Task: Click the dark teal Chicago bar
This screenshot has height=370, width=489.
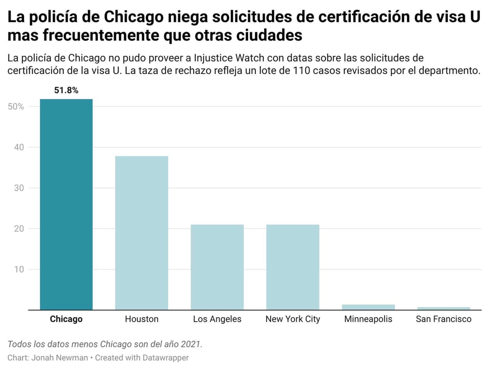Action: click(x=66, y=204)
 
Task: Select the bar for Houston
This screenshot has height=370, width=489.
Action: click(x=142, y=233)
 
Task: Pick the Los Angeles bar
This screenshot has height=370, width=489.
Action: click(x=217, y=267)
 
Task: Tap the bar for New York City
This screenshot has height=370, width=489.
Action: click(x=293, y=267)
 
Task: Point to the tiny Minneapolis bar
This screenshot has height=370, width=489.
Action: click(x=368, y=307)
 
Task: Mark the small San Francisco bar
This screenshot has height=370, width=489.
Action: click(x=444, y=308)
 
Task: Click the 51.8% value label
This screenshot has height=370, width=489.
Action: click(x=66, y=90)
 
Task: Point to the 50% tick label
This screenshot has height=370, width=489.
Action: click(x=16, y=107)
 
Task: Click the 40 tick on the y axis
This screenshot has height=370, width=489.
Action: click(x=19, y=147)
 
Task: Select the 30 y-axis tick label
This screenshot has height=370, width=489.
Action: click(x=19, y=188)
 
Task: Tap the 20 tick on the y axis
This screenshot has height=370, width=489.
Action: click(x=19, y=228)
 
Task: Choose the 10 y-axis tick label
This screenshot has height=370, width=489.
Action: click(x=19, y=269)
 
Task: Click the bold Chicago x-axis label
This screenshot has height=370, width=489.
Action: click(x=66, y=319)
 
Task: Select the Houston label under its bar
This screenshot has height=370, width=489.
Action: click(x=142, y=319)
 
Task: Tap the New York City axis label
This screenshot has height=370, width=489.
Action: click(x=293, y=319)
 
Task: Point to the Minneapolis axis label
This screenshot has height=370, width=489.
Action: click(x=368, y=319)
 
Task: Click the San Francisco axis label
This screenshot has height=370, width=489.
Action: click(x=444, y=319)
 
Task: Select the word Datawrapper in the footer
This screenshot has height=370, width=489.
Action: click(x=165, y=358)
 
